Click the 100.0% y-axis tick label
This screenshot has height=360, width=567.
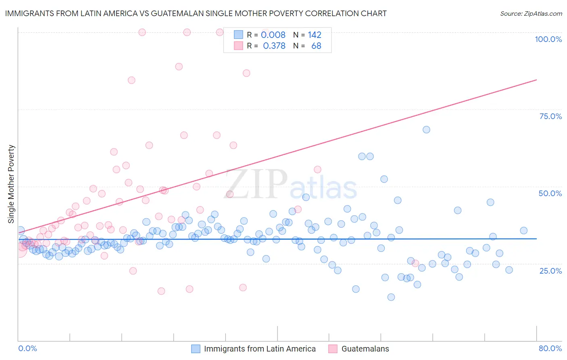(548, 39)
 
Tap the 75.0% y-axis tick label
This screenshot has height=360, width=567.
(550, 116)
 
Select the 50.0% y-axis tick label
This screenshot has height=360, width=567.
(550, 193)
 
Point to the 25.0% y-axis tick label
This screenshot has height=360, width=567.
(550, 270)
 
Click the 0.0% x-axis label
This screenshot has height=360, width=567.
(27, 348)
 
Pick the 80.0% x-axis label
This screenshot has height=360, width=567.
(550, 348)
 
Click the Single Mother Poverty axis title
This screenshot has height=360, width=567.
(11, 184)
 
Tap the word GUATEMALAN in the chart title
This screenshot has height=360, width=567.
(174, 13)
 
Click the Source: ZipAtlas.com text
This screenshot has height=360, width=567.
(531, 13)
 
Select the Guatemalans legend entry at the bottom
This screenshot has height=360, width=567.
(365, 349)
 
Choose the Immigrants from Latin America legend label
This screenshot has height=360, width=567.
(260, 349)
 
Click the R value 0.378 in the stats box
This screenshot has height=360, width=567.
(274, 46)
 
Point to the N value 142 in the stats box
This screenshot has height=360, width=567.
(315, 35)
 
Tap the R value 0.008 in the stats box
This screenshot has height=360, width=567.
(273, 35)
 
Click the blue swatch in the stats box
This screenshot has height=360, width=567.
(238, 35)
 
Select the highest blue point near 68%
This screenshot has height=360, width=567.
(426, 130)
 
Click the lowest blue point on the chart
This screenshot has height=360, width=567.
(391, 297)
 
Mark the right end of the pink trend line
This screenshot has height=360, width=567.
(536, 80)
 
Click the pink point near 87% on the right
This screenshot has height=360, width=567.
(246, 73)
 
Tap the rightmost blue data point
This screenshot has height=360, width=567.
(523, 230)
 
